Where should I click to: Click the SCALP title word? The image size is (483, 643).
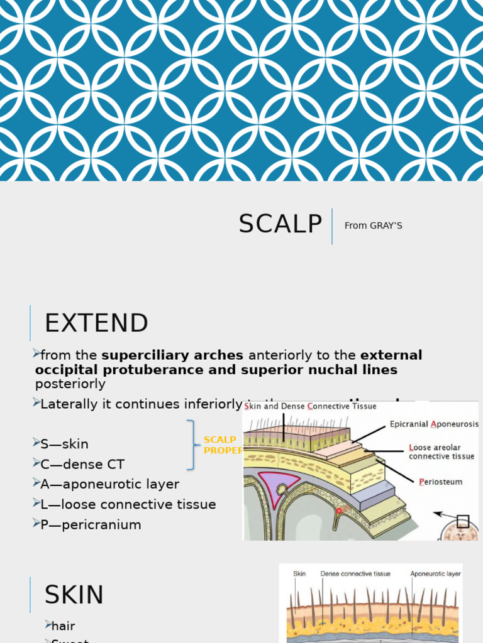(280, 224)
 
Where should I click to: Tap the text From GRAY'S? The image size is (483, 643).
(373, 225)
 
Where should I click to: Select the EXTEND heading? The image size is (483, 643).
(96, 323)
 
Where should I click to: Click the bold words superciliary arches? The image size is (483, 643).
(172, 355)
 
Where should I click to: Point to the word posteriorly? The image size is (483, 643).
(70, 384)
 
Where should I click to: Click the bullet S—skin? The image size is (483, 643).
(64, 444)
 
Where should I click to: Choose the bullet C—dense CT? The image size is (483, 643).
(82, 464)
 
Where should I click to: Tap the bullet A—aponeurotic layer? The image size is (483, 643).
(109, 484)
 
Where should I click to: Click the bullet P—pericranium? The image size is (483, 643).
(91, 524)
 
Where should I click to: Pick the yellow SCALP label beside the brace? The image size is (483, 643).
(220, 440)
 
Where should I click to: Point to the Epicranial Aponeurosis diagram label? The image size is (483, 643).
(434, 424)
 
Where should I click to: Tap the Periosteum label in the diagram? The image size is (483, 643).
(440, 482)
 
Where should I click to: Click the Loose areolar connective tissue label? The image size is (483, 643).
(441, 452)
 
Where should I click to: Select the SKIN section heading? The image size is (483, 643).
(74, 595)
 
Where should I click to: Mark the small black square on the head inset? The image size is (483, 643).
(463, 521)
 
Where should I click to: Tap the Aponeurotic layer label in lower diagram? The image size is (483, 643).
(435, 574)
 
